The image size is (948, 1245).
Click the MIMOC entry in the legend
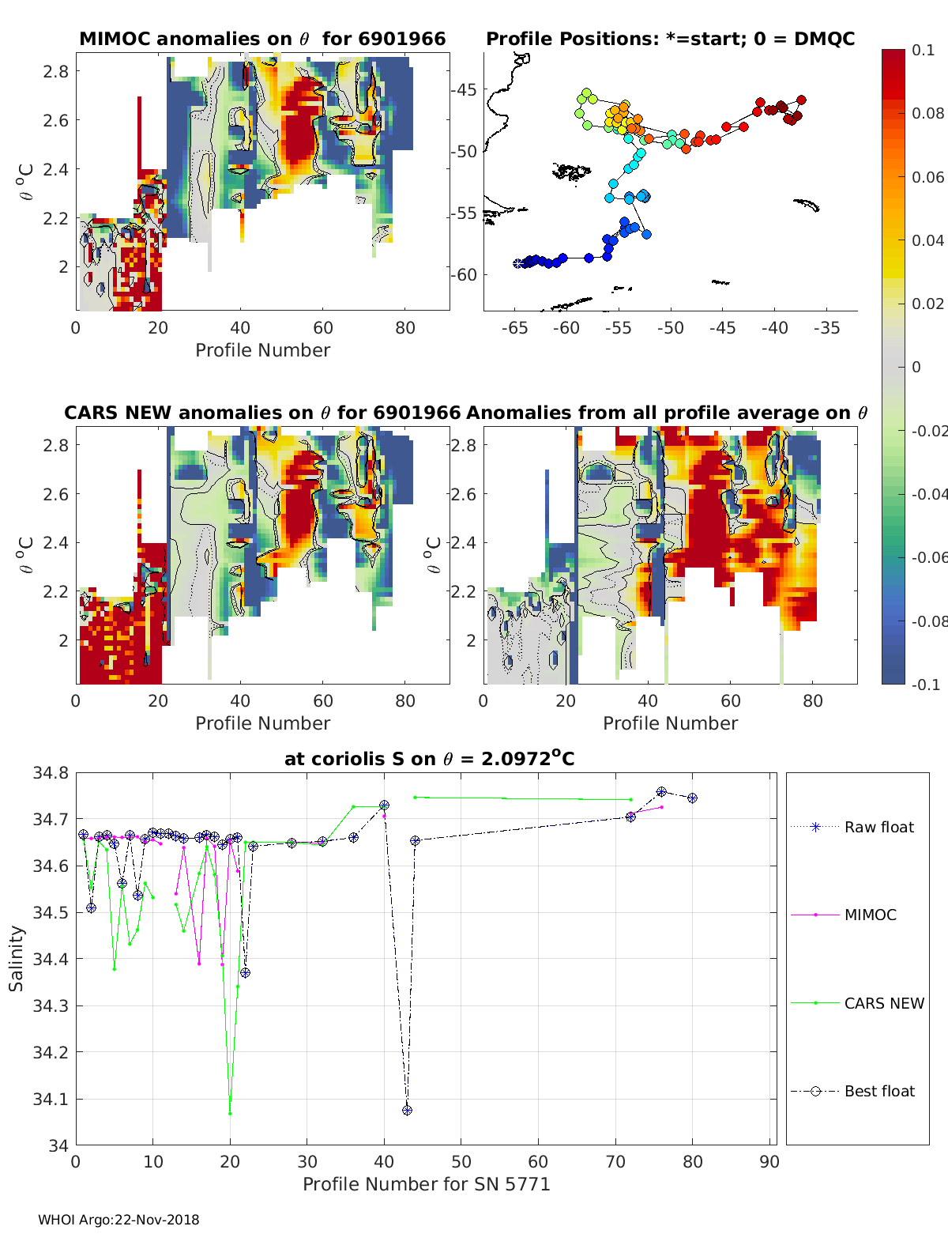870,915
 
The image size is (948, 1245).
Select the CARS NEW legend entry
883,1003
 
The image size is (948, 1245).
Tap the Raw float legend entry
878,827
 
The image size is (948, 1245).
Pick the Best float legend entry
878,1091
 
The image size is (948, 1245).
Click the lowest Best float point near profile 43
407,1110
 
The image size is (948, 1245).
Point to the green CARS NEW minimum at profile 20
230,1113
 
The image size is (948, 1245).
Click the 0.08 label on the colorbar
927,113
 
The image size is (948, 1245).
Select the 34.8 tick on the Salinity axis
50,773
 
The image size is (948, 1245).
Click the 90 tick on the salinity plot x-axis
769,1162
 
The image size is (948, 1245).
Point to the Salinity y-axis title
17,958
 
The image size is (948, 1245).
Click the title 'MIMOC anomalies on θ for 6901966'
262,39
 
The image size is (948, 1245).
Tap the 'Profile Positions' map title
670,39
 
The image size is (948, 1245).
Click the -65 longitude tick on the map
515,328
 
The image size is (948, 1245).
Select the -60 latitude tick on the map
464,274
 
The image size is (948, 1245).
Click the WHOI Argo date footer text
118,1220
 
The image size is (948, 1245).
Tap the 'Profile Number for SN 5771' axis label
426,1184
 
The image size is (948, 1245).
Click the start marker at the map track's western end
518,263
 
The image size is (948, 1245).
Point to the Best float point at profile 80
692,798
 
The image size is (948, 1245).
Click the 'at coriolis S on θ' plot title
429,759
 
